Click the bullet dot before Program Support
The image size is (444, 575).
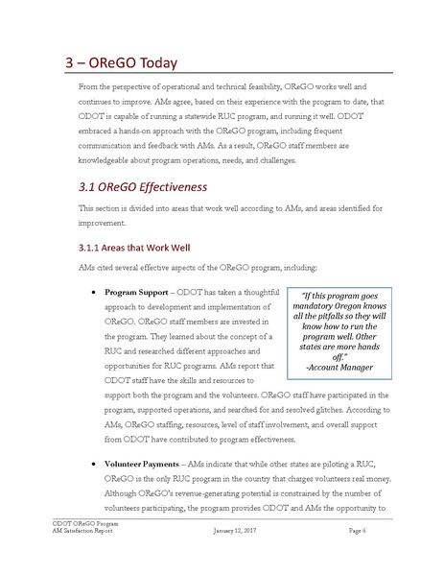[90, 290]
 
